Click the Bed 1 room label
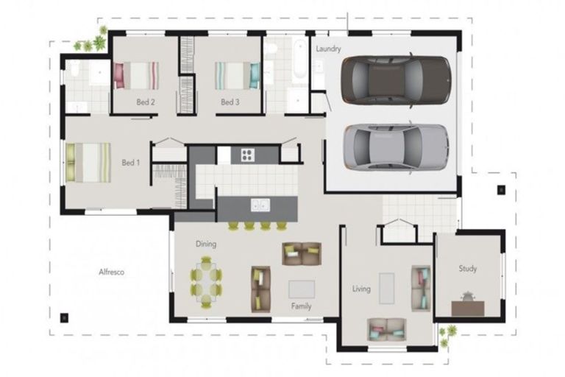(x=130, y=163)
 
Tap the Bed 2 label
(x=145, y=102)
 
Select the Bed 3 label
(x=230, y=102)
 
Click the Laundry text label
(x=328, y=49)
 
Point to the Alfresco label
(x=111, y=272)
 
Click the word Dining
(x=205, y=244)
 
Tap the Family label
(x=301, y=306)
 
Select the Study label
(x=468, y=269)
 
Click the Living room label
(x=360, y=289)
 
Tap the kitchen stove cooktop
(x=246, y=155)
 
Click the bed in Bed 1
(x=88, y=163)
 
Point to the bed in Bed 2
(x=136, y=75)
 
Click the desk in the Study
(x=467, y=305)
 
